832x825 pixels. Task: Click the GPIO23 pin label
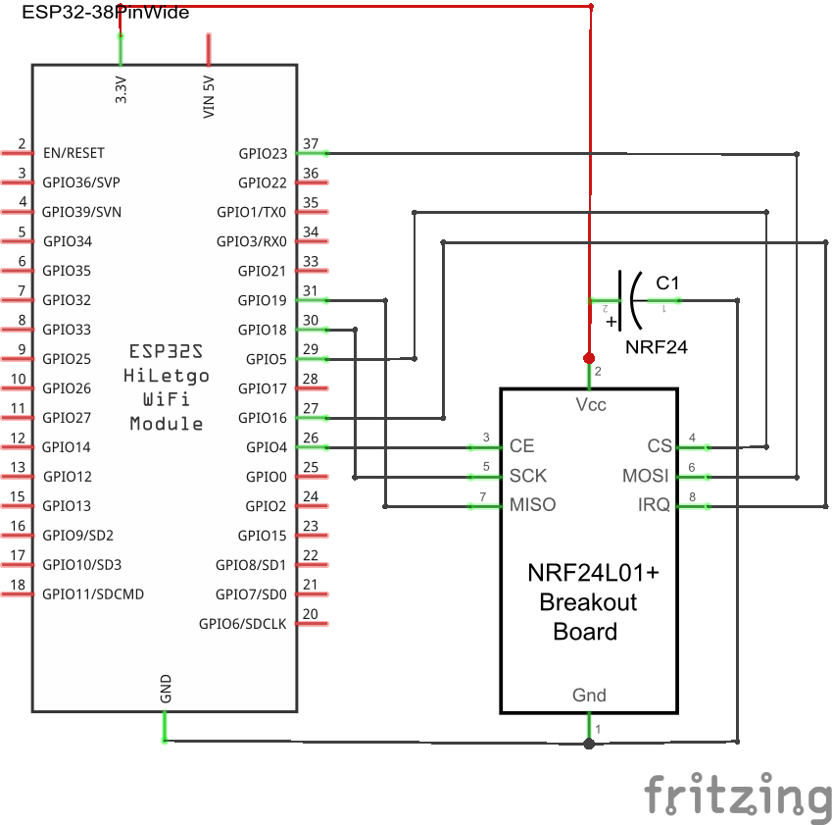click(x=263, y=153)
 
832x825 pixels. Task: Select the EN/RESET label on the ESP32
click(x=73, y=153)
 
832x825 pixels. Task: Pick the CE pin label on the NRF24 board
click(x=522, y=446)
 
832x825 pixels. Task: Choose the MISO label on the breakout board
click(x=532, y=505)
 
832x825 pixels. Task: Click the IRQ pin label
click(x=654, y=505)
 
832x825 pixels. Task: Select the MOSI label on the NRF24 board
click(x=646, y=476)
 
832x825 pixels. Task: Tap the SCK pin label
click(x=528, y=476)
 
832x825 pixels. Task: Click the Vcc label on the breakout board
click(x=589, y=404)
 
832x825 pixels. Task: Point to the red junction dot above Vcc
click(x=589, y=357)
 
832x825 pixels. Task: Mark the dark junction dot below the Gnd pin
click(x=589, y=744)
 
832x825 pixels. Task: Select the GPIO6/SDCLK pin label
click(x=243, y=623)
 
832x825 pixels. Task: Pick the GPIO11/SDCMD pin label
click(x=93, y=593)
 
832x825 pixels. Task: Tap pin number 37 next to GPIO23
click(x=311, y=144)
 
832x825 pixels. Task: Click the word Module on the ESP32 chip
click(x=167, y=424)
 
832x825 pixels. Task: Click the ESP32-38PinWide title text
click(x=106, y=14)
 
